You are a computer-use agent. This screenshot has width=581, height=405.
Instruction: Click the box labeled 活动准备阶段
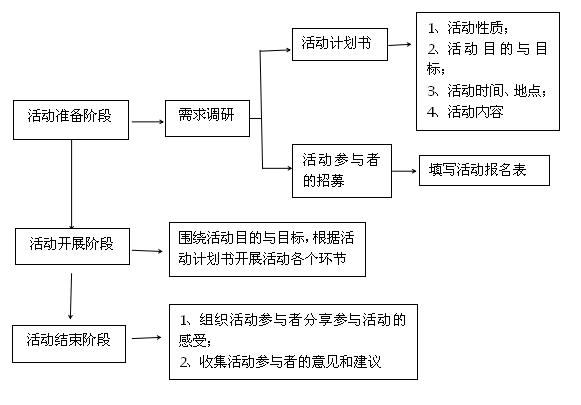(x=71, y=120)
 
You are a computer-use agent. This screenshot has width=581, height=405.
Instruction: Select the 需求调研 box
(x=207, y=118)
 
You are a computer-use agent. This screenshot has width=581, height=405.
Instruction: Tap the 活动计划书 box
(x=340, y=44)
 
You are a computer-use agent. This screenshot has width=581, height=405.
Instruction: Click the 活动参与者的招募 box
(x=342, y=171)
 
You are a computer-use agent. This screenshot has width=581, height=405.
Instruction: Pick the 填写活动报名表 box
(x=484, y=170)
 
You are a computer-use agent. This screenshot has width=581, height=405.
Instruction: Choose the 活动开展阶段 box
(x=72, y=246)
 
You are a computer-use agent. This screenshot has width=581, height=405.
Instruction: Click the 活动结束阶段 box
(x=69, y=344)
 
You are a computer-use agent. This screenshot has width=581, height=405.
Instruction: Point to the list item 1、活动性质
(x=468, y=28)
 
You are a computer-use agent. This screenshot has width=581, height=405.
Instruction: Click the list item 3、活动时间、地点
(x=487, y=91)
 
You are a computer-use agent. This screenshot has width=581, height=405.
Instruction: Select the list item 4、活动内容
(x=465, y=112)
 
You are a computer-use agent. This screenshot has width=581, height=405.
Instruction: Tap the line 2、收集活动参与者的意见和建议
(x=280, y=362)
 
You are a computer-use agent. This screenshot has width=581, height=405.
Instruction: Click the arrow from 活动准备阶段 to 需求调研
(x=147, y=122)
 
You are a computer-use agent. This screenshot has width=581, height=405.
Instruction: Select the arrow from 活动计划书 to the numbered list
(x=399, y=45)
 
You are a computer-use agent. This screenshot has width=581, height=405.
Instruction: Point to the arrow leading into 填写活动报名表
(x=404, y=171)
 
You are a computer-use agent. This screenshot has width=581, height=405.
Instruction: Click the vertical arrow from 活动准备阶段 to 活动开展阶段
(x=72, y=184)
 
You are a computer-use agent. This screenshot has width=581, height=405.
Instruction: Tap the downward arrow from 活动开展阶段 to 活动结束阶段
(x=71, y=296)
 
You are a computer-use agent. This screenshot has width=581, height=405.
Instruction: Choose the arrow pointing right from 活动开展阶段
(x=147, y=251)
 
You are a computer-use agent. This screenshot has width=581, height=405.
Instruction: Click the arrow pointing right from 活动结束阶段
(x=147, y=338)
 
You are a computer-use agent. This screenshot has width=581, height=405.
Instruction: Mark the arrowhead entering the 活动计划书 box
(x=288, y=50)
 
